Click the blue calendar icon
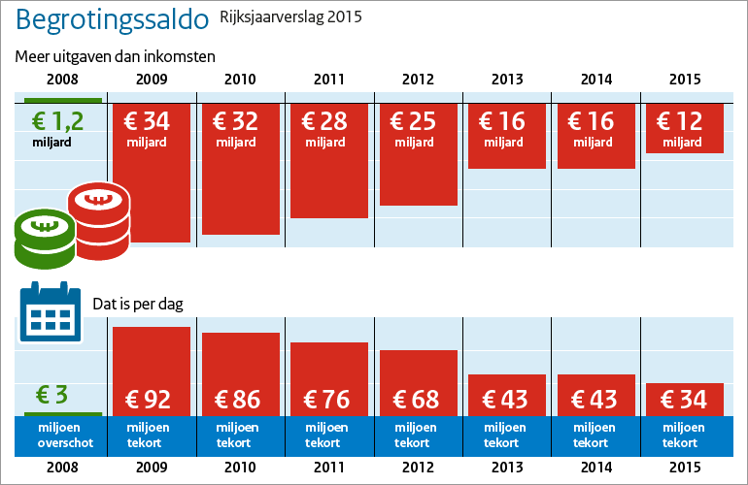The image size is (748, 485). coord(49,312)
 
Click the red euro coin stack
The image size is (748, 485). coord(98,221)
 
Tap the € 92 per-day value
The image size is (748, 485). coord(152,399)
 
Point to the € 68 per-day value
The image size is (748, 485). coord(418,399)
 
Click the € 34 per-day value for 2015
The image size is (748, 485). coord(685,399)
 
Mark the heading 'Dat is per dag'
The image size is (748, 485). coord(138,304)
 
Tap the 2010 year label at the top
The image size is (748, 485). coord(240,81)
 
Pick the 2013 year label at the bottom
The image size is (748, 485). coord(507,467)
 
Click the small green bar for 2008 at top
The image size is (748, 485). coord(62,99)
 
